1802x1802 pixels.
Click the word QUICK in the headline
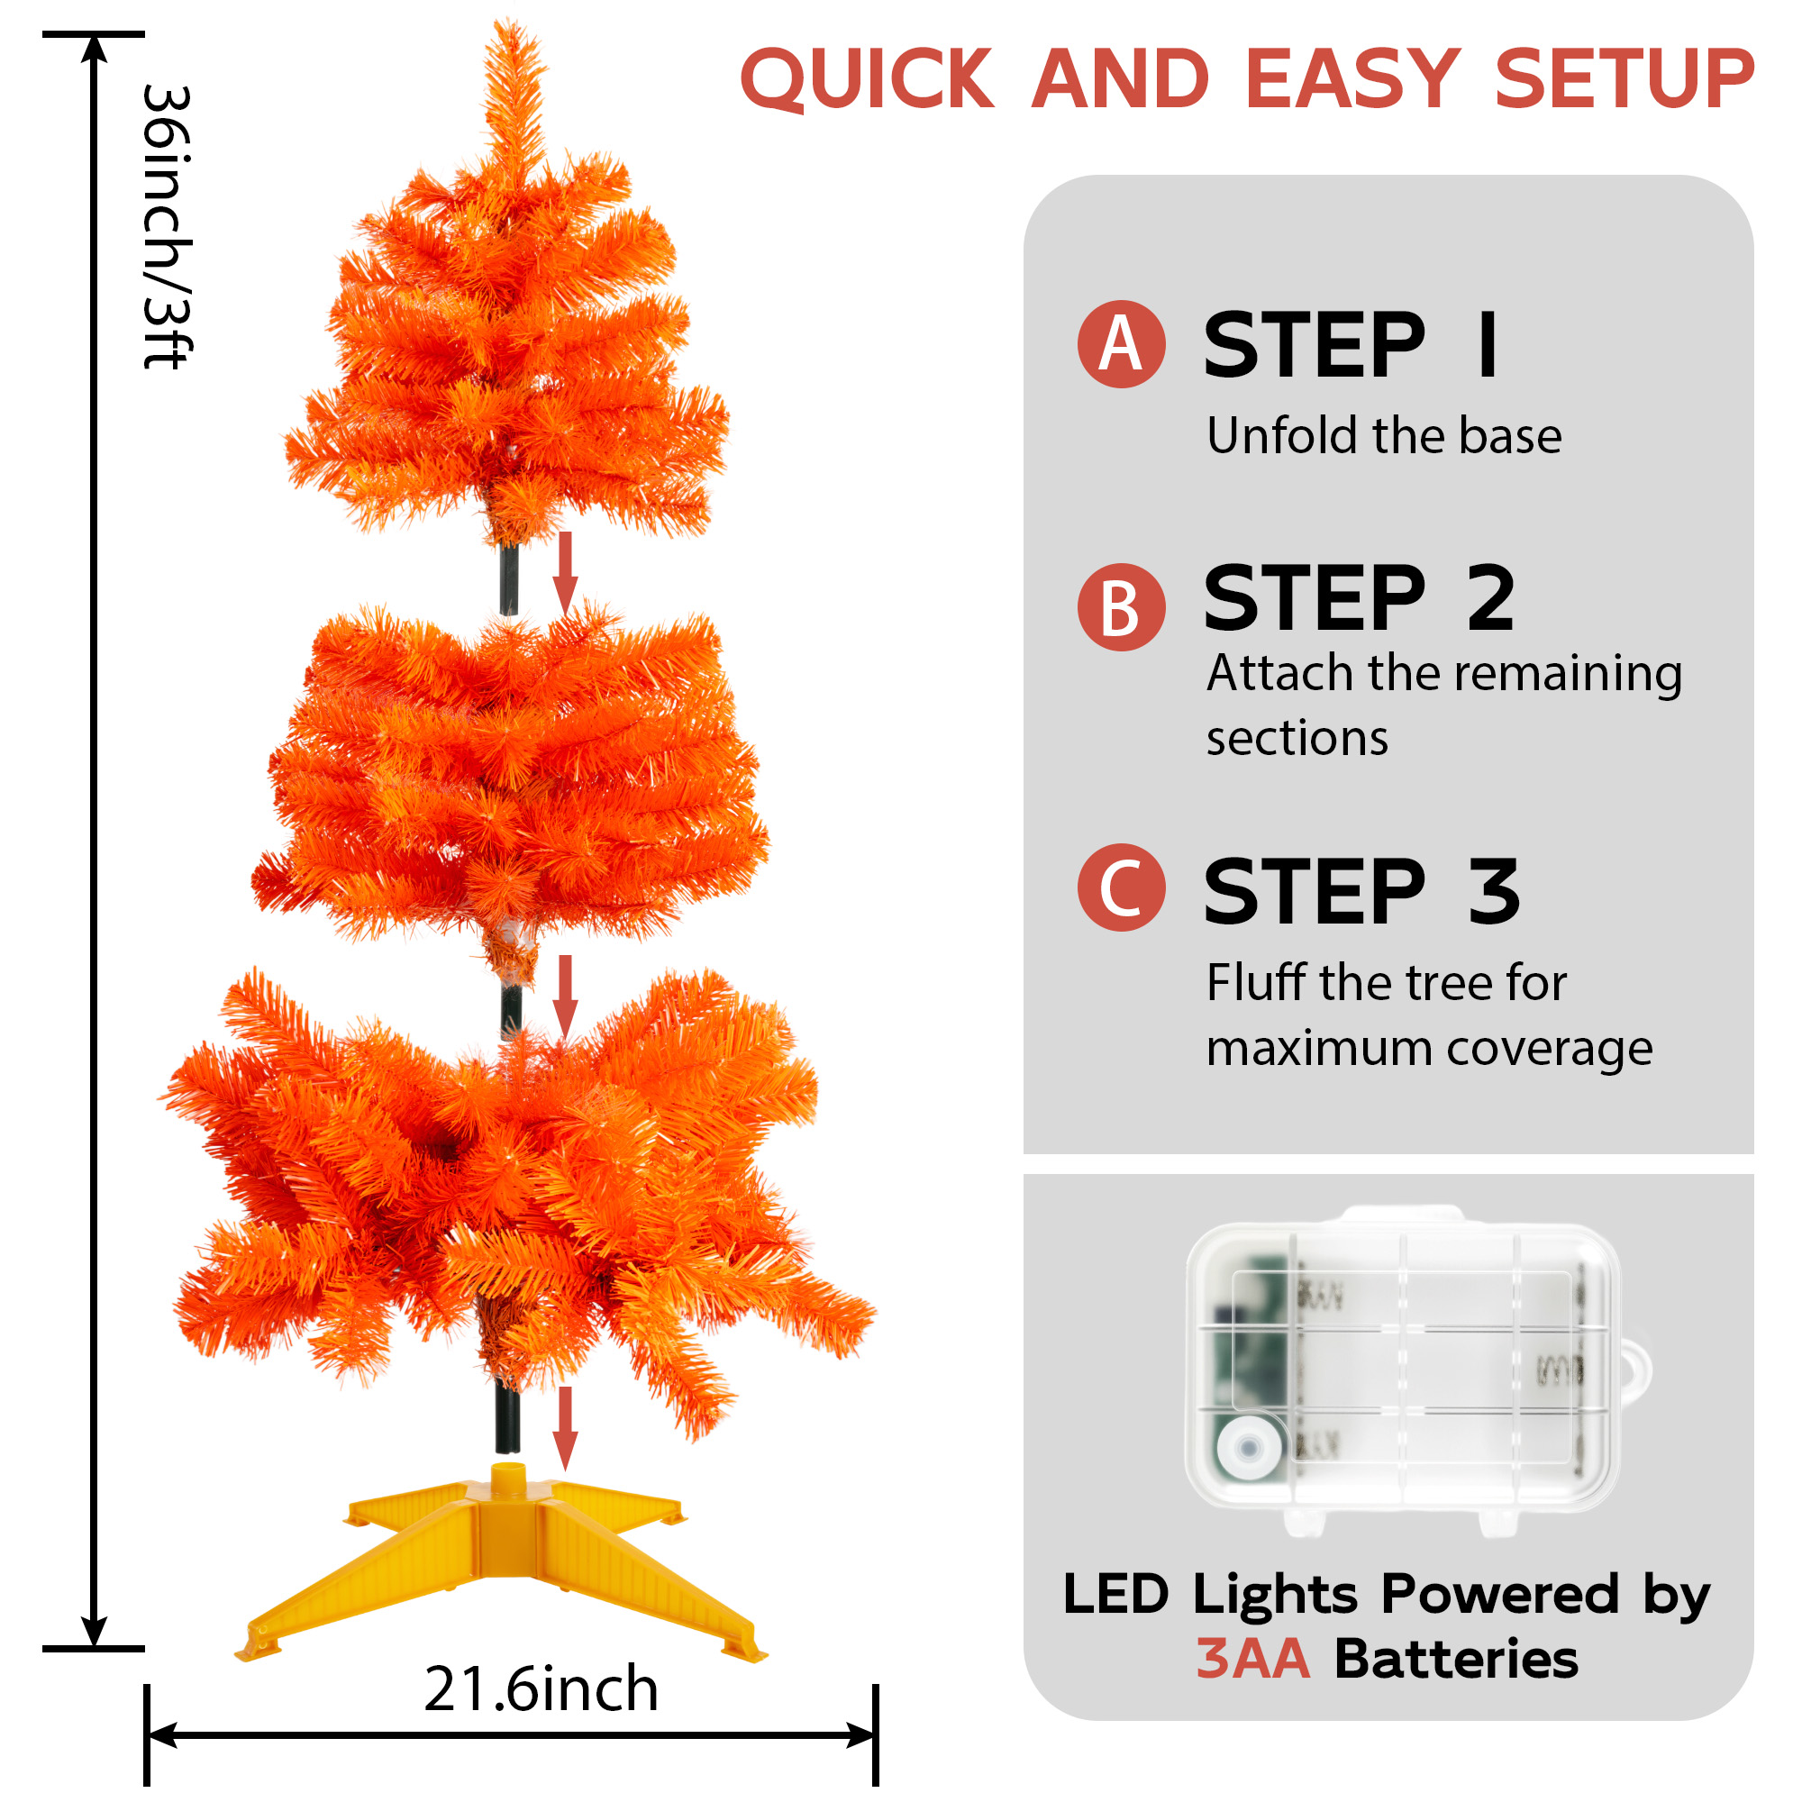point(867,80)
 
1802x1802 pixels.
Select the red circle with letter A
point(1121,344)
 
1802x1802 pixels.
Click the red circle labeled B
point(1121,607)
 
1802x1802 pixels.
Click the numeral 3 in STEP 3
point(1493,892)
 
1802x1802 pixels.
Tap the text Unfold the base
point(1384,435)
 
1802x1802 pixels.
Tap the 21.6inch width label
point(541,1689)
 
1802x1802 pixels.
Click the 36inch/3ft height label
point(168,227)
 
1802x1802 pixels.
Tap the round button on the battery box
point(1248,1449)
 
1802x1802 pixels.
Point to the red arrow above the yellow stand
point(564,1428)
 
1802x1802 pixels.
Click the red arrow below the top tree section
point(564,574)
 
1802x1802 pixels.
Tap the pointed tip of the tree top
point(511,21)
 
